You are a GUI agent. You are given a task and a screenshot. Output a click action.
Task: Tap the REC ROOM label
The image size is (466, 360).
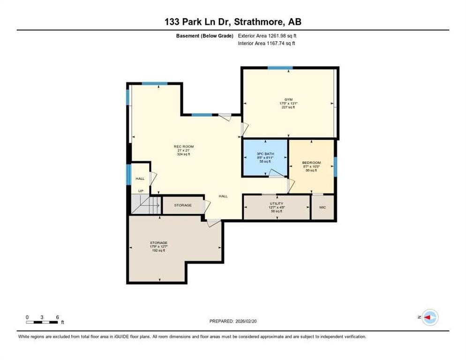click(x=184, y=146)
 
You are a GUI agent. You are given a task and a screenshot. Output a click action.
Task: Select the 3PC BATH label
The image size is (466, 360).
click(x=265, y=154)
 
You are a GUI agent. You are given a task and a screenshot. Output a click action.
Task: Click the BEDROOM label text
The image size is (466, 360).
click(x=311, y=163)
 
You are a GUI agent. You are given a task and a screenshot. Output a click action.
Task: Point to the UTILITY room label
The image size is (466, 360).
click(x=276, y=203)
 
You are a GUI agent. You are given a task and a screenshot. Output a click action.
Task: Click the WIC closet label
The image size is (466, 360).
click(x=323, y=207)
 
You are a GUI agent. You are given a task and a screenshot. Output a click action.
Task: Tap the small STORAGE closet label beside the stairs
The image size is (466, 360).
click(x=183, y=205)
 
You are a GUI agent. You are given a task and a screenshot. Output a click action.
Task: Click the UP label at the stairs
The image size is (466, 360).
click(x=140, y=191)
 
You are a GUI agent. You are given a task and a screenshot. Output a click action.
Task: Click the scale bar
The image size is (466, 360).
click(x=42, y=322)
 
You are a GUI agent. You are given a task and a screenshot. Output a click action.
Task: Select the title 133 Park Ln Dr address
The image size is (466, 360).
click(x=233, y=22)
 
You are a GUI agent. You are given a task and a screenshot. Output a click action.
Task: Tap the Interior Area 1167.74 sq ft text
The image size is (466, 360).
click(x=266, y=43)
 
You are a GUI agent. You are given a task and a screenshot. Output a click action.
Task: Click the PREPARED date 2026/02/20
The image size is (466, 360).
click(x=233, y=321)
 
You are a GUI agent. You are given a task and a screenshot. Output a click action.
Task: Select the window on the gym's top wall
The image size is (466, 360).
click(x=280, y=68)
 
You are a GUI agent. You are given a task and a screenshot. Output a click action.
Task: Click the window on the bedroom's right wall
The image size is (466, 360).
click(x=335, y=166)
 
